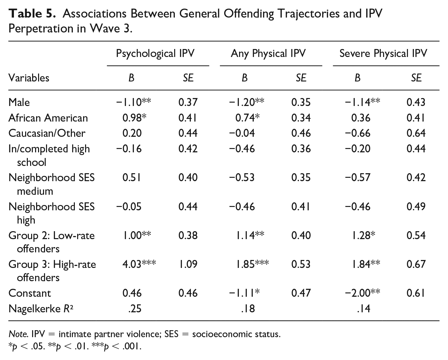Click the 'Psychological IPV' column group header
[x=155, y=54]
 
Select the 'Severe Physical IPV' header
[x=383, y=54]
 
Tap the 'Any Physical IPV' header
[x=268, y=54]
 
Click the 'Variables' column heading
[x=29, y=78]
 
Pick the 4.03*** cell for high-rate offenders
[x=139, y=264]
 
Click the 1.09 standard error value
[x=188, y=264]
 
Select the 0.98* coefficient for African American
[x=134, y=118]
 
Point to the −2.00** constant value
[x=363, y=293]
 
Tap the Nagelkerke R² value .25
[x=135, y=309]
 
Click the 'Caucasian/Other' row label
[x=47, y=133]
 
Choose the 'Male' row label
[x=19, y=102]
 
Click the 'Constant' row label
[x=29, y=293]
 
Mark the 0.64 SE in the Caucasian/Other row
[x=416, y=133]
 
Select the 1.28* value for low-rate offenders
[x=363, y=235]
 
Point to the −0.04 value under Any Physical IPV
[x=242, y=133]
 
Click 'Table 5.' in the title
[x=32, y=14]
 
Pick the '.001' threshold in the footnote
[x=132, y=346]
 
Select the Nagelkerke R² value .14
[x=364, y=309]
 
